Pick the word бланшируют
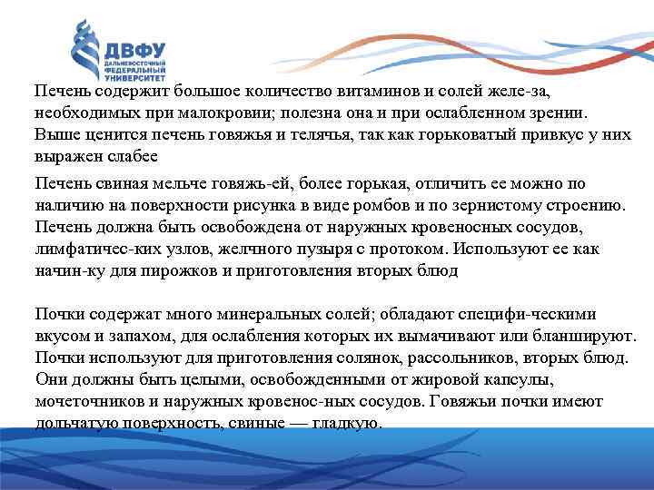pos(578,335)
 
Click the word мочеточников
pos(87,400)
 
